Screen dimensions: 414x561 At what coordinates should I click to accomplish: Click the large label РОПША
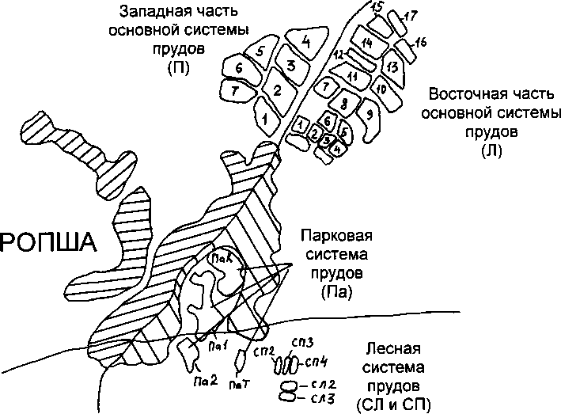(x=47, y=242)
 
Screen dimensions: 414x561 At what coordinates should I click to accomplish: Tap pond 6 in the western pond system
(x=239, y=69)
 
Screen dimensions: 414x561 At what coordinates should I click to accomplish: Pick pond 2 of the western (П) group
(x=277, y=90)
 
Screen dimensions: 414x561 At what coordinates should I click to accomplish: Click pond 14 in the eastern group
(x=366, y=42)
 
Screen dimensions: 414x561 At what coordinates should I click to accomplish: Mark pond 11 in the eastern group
(x=352, y=76)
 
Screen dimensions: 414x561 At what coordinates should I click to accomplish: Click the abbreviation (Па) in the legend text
(x=336, y=292)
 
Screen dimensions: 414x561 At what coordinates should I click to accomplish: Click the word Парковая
(x=336, y=236)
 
